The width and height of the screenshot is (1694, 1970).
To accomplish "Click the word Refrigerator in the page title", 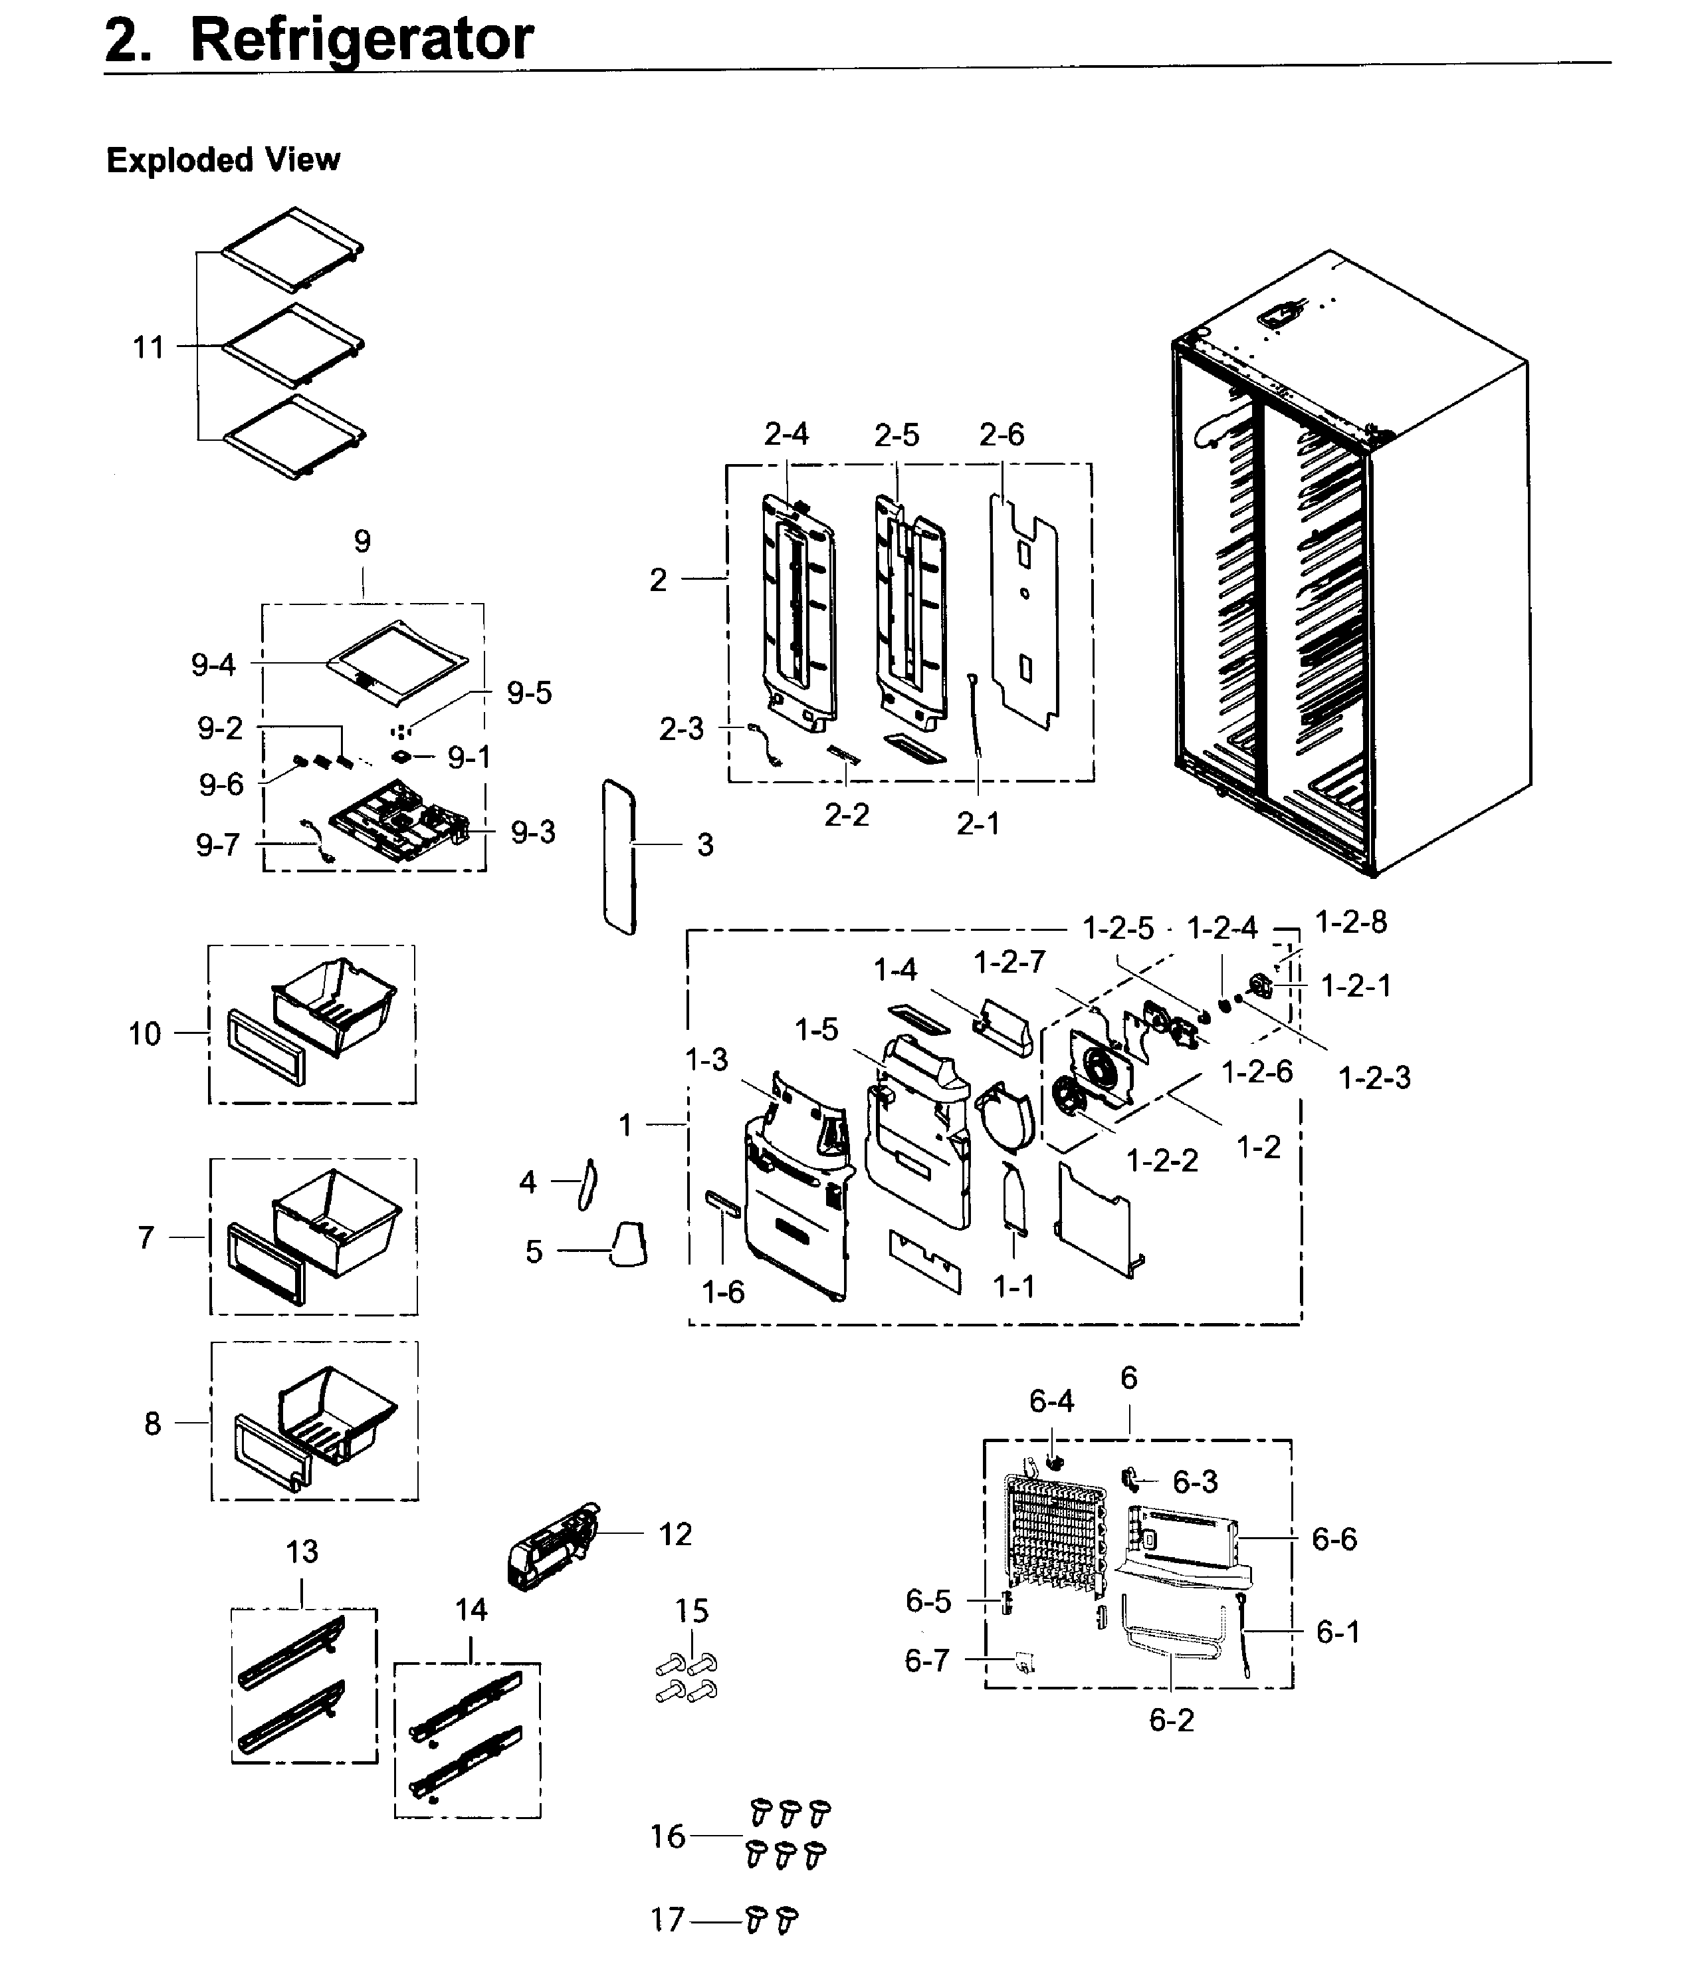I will tap(362, 40).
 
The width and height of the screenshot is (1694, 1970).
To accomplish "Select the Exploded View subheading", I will tap(223, 160).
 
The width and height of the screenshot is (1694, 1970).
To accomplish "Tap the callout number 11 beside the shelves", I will tap(148, 347).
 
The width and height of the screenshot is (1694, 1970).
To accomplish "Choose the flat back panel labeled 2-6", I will tap(1025, 608).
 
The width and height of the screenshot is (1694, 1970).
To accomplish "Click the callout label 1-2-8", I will tap(1350, 922).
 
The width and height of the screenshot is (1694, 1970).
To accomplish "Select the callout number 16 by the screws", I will tap(667, 1836).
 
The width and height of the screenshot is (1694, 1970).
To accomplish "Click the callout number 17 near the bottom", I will tap(667, 1919).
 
